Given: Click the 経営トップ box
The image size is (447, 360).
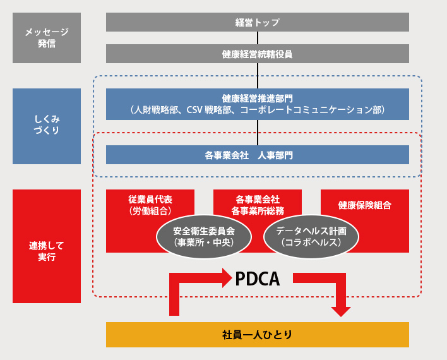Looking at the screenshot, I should [x=257, y=22].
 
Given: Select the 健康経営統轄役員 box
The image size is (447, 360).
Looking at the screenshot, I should [x=257, y=54].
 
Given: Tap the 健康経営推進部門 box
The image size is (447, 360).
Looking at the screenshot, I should [x=257, y=104].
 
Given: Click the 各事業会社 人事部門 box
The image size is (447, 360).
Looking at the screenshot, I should [x=257, y=155].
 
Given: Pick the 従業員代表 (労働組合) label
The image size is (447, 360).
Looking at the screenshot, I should [x=150, y=205].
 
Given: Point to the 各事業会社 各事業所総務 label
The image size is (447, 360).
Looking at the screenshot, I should [x=257, y=205].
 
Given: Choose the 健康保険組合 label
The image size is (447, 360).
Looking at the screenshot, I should [x=364, y=205].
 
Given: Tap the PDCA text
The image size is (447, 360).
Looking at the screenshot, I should [x=257, y=279].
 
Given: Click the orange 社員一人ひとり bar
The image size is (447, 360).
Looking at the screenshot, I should [x=257, y=334].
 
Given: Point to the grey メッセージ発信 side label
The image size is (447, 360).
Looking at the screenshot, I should [x=47, y=38].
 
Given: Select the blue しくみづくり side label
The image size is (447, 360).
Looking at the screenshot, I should [x=47, y=126].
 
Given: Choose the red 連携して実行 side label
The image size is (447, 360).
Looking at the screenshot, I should [x=47, y=246].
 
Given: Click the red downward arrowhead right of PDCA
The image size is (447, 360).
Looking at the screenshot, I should [x=341, y=310].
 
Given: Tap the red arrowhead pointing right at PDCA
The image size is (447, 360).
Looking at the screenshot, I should [x=227, y=277].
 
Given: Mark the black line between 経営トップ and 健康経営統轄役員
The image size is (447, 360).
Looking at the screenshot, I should [x=258, y=38].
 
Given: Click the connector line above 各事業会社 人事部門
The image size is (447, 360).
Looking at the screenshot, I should [x=258, y=132].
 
